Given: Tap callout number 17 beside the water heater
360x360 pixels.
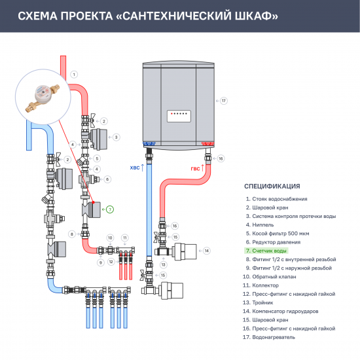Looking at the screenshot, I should tap(223, 101).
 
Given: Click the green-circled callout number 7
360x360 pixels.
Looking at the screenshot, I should tap(109, 209).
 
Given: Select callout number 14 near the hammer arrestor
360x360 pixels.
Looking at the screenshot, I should tap(206, 251).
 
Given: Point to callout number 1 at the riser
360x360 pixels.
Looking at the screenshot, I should tap(74, 75).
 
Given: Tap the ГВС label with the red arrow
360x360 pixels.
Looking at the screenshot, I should tap(196, 168).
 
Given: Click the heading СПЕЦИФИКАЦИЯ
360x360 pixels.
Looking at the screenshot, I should tap(272, 186).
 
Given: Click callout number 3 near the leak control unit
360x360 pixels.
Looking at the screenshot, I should tap(116, 137).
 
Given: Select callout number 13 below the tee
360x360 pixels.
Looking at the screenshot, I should tap(164, 264).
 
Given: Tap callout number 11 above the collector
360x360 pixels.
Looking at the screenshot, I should tap(125, 237).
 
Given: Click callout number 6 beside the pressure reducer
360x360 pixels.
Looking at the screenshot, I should tap(107, 179).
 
